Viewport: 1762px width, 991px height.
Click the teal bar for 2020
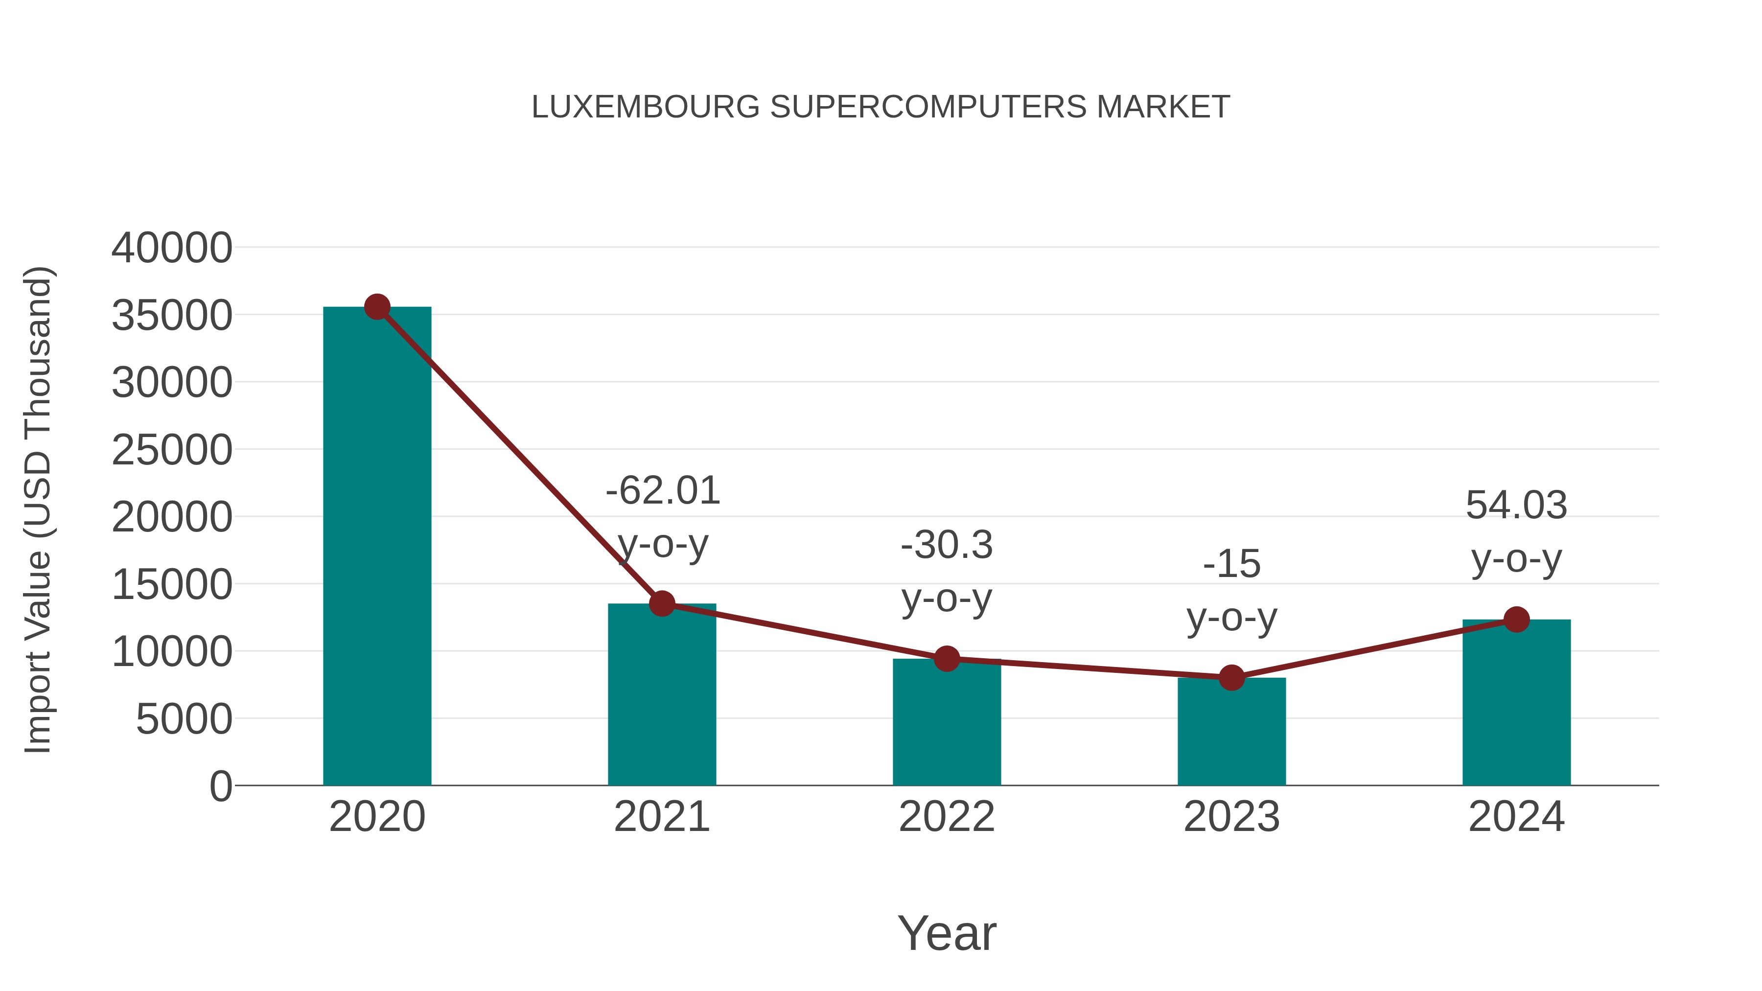coord(377,547)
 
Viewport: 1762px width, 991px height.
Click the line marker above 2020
coord(377,307)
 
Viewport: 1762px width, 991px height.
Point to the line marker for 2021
coord(661,604)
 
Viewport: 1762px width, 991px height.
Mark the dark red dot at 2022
coord(947,659)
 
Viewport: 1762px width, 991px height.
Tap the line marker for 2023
coord(1231,678)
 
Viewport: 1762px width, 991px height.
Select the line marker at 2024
coord(1516,620)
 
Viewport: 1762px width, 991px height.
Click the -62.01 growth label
coord(663,491)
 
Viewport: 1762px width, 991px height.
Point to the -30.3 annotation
coord(947,545)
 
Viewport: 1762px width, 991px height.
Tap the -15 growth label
coord(1231,564)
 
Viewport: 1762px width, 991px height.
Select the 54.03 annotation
coord(1516,506)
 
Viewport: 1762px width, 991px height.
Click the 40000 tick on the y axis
coord(172,248)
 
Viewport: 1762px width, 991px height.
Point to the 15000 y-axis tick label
coord(172,585)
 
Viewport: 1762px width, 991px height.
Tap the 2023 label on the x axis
coord(1231,817)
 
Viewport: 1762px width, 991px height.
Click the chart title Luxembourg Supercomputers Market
coord(881,107)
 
